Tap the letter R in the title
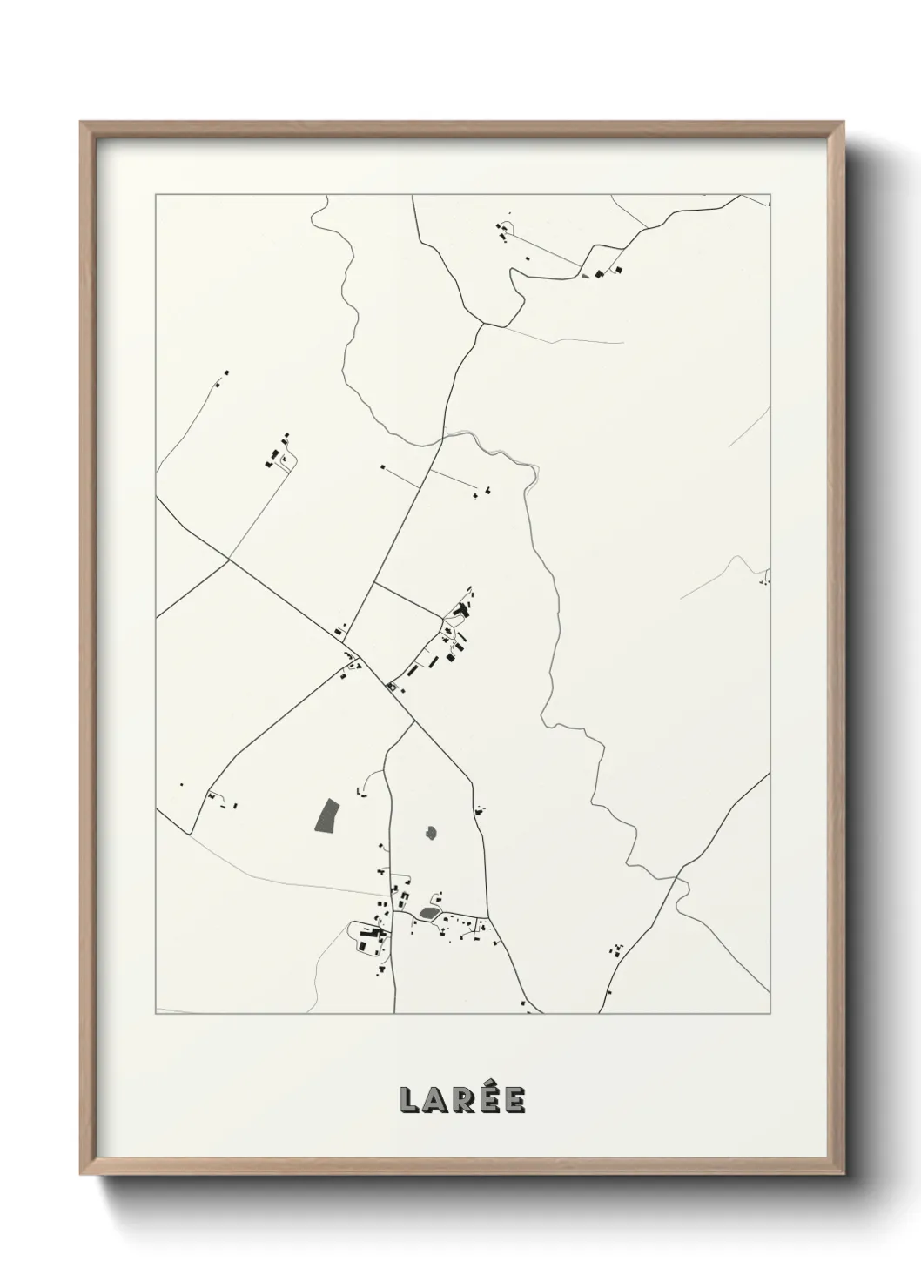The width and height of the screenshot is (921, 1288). pyautogui.click(x=464, y=1100)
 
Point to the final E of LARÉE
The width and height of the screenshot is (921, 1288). pyautogui.click(x=514, y=1100)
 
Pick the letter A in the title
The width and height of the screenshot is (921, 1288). pyautogui.click(x=436, y=1100)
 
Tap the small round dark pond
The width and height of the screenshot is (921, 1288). pyautogui.click(x=431, y=833)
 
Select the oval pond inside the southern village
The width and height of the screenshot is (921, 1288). pyautogui.click(x=428, y=912)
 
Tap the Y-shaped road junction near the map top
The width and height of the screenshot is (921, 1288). pyautogui.click(x=483, y=325)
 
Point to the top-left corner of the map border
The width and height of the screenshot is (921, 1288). pyautogui.click(x=156, y=195)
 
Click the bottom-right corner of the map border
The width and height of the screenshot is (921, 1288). pyautogui.click(x=770, y=1014)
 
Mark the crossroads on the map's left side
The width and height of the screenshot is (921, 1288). pyautogui.click(x=229, y=560)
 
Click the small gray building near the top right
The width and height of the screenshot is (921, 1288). pyautogui.click(x=599, y=274)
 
